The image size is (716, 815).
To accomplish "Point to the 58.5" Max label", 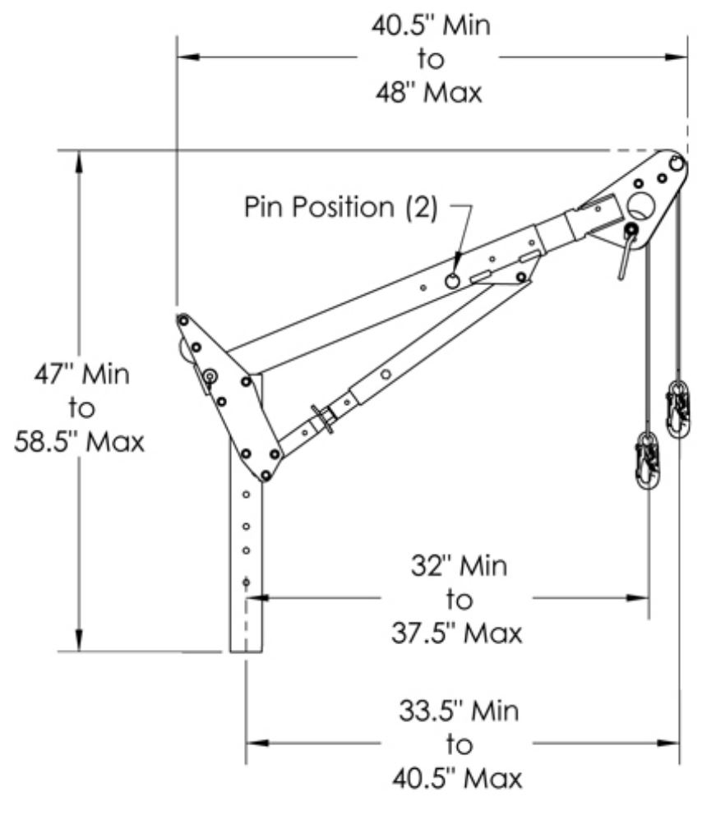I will coord(80,442).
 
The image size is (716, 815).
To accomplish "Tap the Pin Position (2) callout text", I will coord(341,207).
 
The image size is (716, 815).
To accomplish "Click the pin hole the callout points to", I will coord(452,281).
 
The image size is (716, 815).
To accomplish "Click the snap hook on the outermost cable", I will coord(679,408).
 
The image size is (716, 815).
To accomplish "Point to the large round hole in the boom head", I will coord(638,204).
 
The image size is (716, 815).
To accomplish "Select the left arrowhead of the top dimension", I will coord(185,58).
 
